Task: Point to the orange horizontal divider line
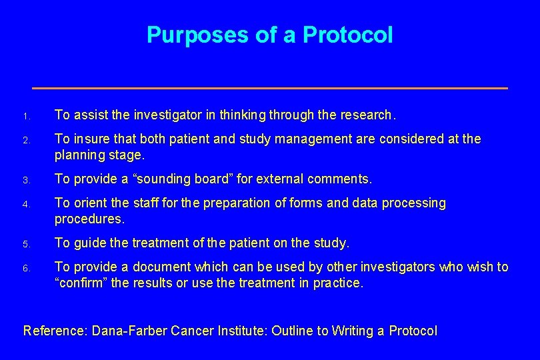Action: tap(270, 88)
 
